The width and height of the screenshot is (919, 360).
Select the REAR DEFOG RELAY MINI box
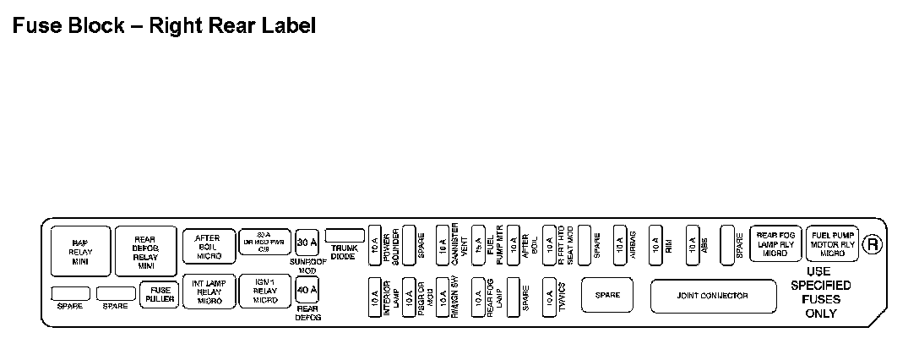pyautogui.click(x=144, y=251)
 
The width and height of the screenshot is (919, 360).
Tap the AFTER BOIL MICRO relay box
pyautogui.click(x=209, y=246)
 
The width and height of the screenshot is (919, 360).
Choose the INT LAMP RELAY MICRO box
pyautogui.click(x=209, y=292)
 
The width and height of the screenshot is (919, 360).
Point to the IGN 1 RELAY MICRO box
pyautogui.click(x=264, y=292)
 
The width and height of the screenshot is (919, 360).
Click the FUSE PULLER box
pyautogui.click(x=159, y=294)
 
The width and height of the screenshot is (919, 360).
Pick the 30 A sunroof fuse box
pyautogui.click(x=307, y=243)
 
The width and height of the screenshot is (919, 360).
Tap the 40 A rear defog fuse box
pyautogui.click(x=307, y=290)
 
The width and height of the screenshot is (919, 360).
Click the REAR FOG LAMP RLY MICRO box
pyautogui.click(x=775, y=244)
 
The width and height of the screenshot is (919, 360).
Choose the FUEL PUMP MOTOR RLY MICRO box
pyautogui.click(x=832, y=244)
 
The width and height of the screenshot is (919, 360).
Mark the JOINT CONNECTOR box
pyautogui.click(x=712, y=296)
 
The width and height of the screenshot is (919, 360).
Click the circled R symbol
pyautogui.click(x=873, y=244)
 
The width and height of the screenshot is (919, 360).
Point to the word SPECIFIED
pyautogui.click(x=820, y=286)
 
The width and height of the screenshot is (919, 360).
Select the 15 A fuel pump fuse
pyautogui.click(x=478, y=246)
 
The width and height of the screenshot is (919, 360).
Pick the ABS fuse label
pyautogui.click(x=704, y=246)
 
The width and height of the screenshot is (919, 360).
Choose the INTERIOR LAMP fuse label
pyautogui.click(x=390, y=297)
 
